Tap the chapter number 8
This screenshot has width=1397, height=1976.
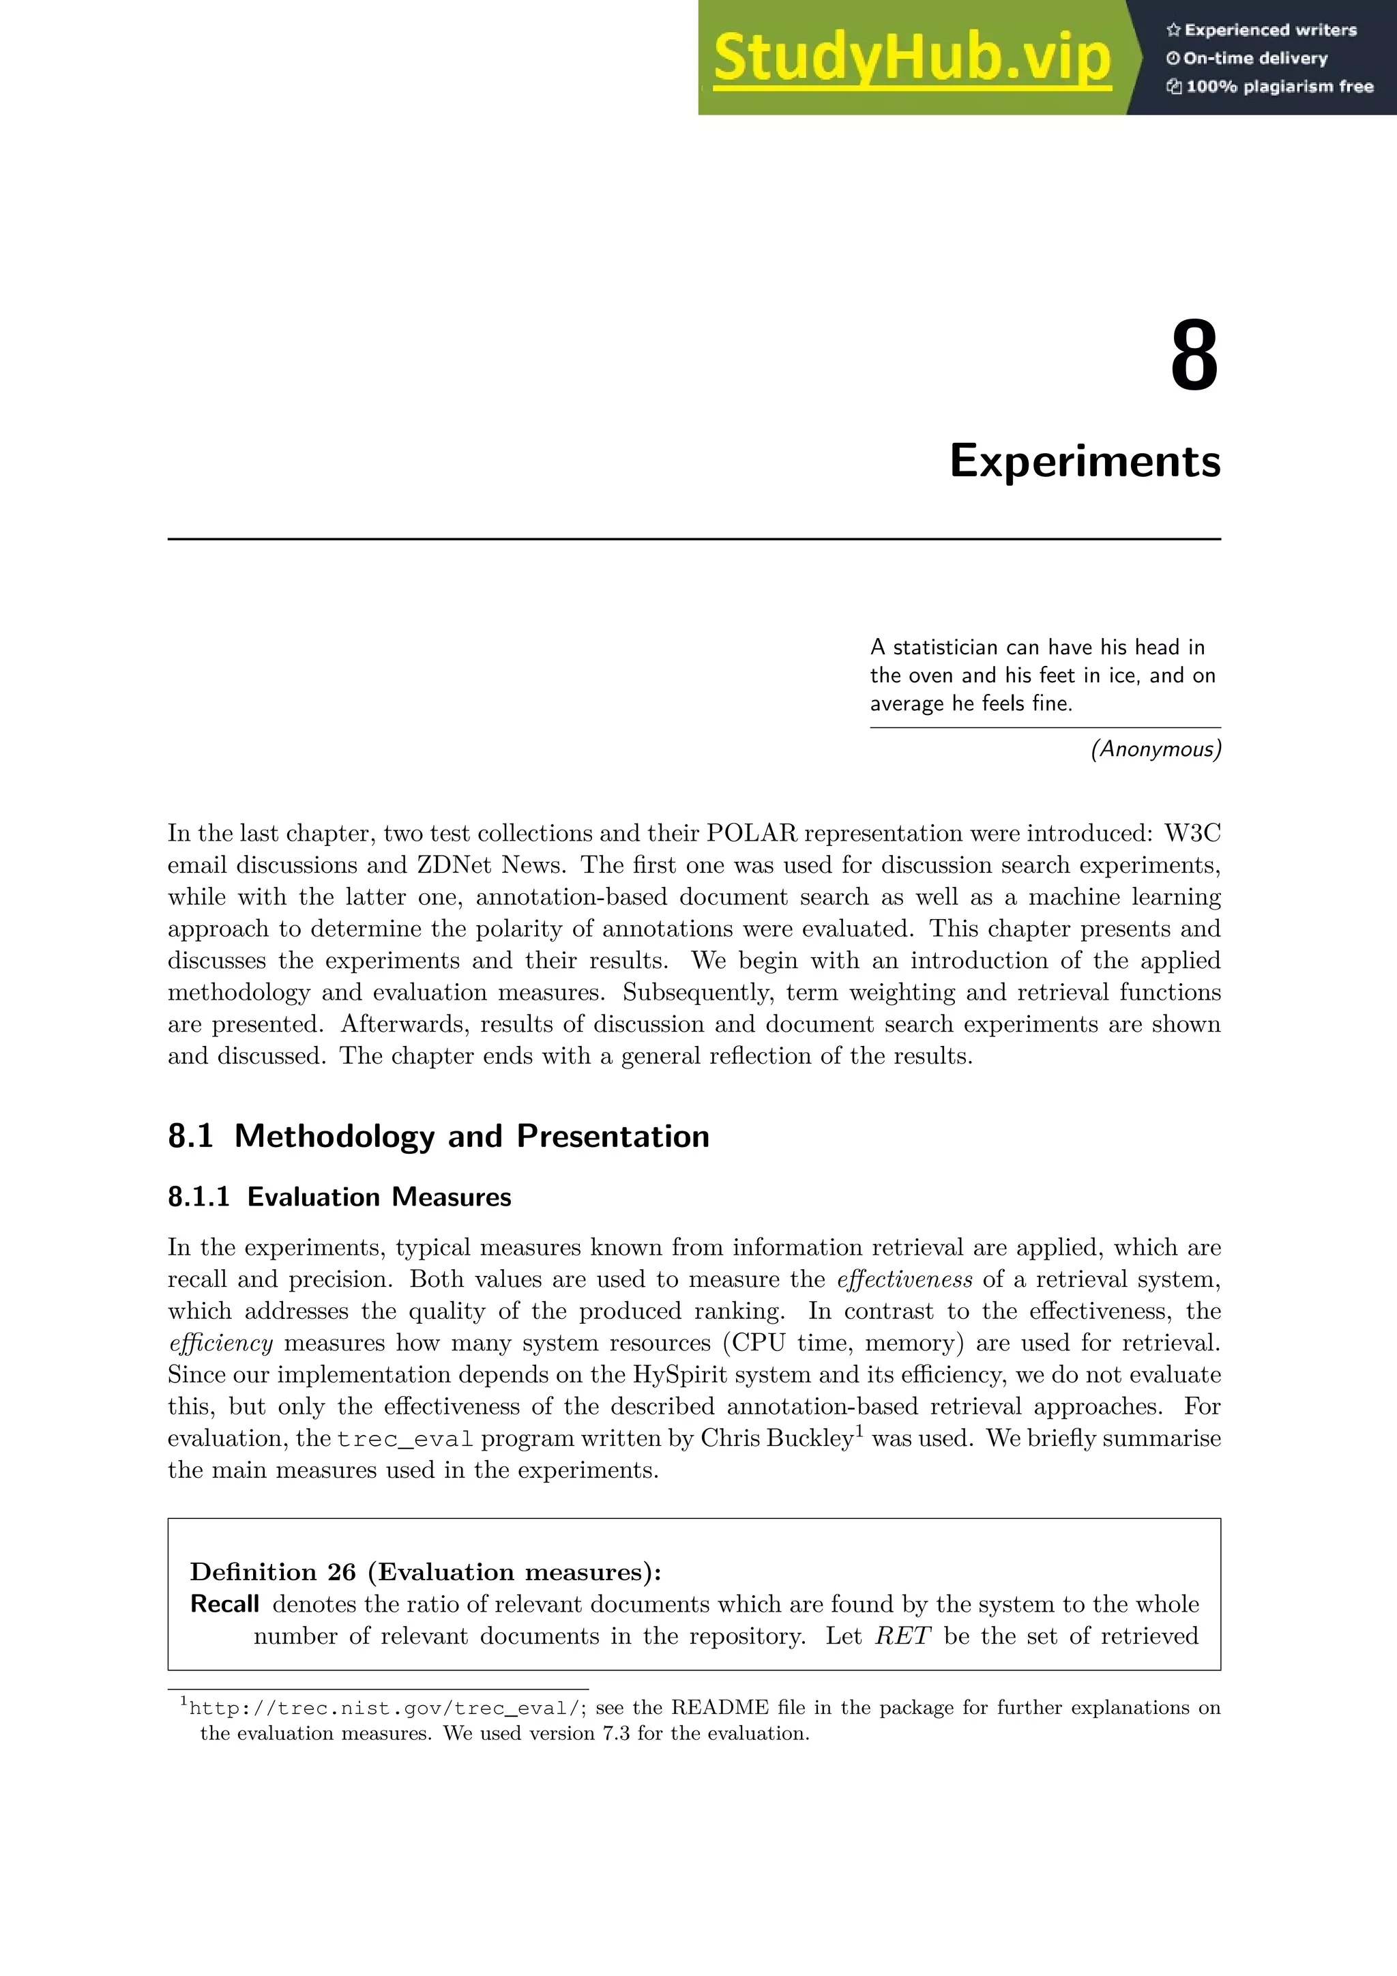(x=1194, y=356)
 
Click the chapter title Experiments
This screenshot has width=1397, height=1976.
(x=1085, y=461)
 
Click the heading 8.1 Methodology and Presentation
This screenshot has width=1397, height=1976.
(x=439, y=1136)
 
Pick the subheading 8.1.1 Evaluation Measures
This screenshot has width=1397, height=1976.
(x=340, y=1197)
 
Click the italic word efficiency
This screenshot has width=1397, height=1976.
(x=220, y=1343)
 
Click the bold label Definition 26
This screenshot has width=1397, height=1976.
(x=273, y=1572)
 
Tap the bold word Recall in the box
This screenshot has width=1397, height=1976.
(x=224, y=1604)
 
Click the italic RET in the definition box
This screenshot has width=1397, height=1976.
(x=902, y=1636)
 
